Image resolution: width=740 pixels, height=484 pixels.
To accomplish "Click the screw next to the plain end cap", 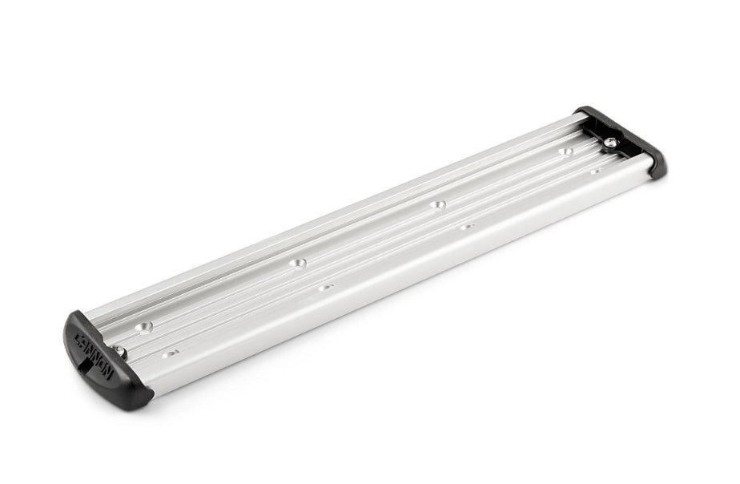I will click(610, 143).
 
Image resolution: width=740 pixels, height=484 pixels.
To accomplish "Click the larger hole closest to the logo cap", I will click(145, 326).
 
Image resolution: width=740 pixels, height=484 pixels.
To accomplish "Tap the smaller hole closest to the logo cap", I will click(169, 353).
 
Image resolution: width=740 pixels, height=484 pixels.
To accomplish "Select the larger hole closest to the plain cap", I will click(566, 150).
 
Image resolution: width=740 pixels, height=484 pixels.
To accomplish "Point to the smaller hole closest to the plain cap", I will click(595, 171).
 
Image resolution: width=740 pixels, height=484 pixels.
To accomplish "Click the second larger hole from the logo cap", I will click(298, 262).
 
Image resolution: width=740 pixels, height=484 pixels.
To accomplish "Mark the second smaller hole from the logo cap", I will click(324, 286).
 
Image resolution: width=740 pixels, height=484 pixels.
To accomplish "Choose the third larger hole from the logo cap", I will click(437, 204).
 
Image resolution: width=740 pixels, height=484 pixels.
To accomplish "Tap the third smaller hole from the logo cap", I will click(467, 226).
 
